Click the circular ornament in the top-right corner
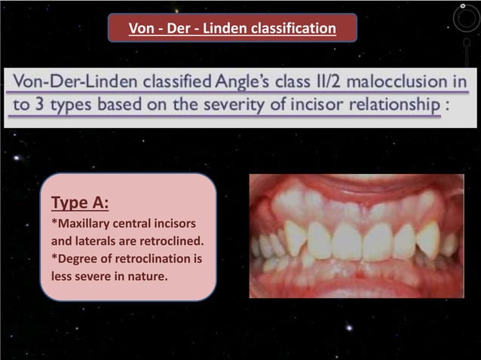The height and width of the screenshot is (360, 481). [x=465, y=19]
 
